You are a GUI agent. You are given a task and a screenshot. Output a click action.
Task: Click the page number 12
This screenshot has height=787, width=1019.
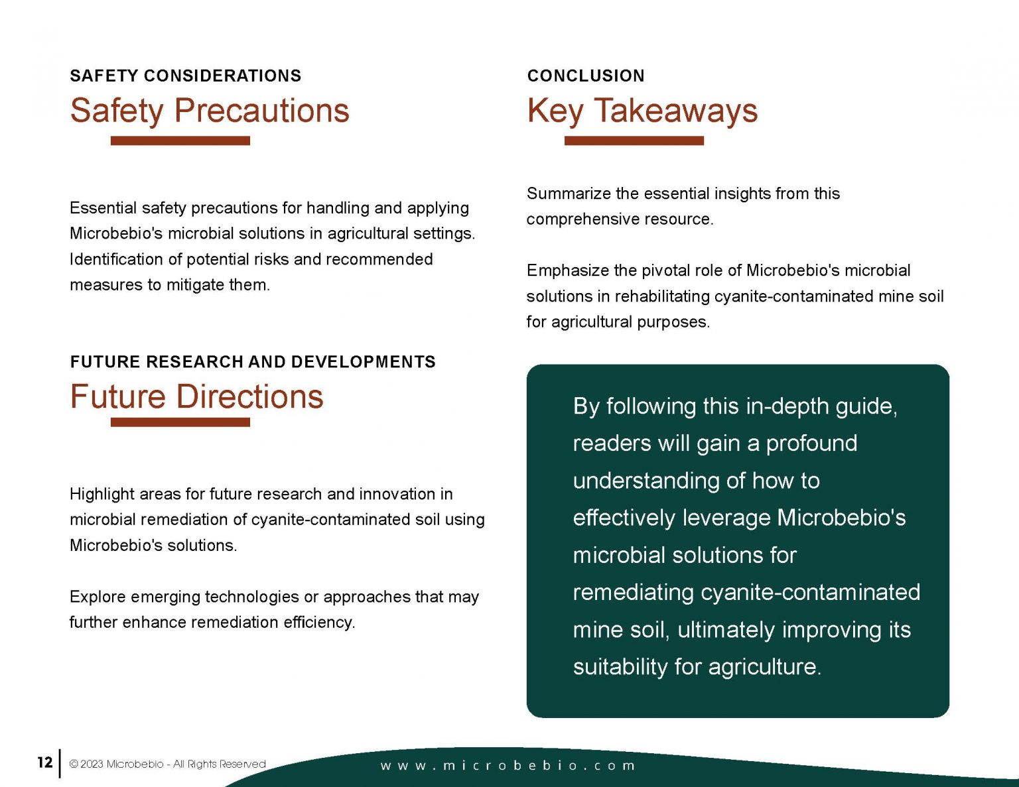pos(44,762)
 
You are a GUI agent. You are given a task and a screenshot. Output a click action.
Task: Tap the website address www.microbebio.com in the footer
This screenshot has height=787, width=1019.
pos(508,766)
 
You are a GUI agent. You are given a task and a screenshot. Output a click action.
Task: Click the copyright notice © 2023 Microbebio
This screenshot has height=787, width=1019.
pos(167,764)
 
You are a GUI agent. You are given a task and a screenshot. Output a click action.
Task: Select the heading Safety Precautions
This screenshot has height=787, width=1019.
pos(210,111)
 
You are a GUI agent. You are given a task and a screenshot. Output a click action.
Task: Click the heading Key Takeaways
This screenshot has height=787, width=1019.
pos(642,111)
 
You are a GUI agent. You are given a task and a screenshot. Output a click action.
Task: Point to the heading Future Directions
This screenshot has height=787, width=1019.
pos(196,396)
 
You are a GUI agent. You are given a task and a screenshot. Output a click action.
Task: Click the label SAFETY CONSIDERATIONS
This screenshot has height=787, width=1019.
pos(186,76)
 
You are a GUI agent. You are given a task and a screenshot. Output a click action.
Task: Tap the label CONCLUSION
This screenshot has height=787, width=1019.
pos(586,76)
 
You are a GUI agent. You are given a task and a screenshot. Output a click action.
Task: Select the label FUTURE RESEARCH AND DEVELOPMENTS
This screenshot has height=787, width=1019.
pos(253,362)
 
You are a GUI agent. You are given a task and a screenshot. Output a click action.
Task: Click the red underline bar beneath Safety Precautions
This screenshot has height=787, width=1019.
pos(180,141)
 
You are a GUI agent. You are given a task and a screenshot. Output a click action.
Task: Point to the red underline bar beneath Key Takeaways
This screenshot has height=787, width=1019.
pos(634,141)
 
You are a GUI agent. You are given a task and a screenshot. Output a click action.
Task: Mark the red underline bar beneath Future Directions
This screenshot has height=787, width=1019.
pos(180,422)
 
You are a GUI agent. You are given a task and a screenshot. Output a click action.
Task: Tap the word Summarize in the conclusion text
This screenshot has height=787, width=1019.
pos(569,194)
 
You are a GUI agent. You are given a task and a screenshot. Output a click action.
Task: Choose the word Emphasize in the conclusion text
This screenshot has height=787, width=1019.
pos(568,271)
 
